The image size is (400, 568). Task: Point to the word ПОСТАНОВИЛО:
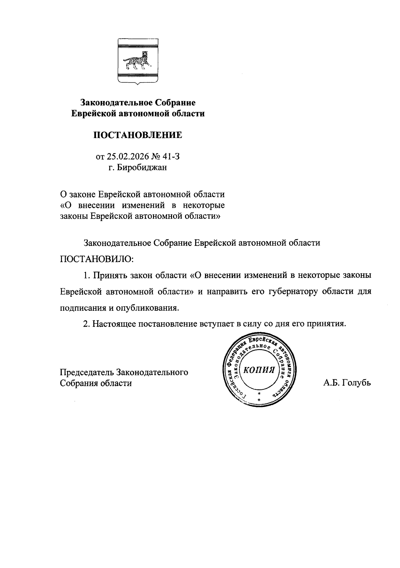(x=96, y=259)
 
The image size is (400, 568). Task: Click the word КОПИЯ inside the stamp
(x=259, y=370)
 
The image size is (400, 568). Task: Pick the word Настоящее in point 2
(x=113, y=324)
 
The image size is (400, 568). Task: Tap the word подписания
(x=82, y=308)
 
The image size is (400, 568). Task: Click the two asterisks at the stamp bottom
(x=259, y=396)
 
